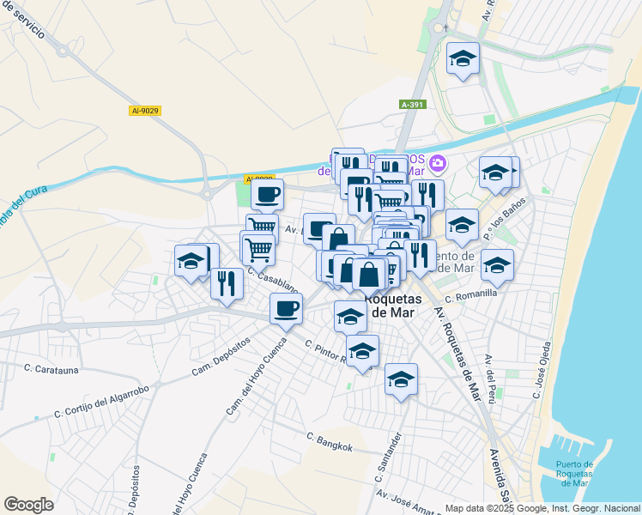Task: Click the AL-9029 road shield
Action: pyautogui.click(x=146, y=111)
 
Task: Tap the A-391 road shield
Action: pyautogui.click(x=412, y=104)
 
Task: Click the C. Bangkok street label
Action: pyautogui.click(x=330, y=442)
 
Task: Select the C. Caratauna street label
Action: pyautogui.click(x=51, y=368)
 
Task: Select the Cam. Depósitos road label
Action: pyautogui.click(x=221, y=355)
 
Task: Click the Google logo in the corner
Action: pyautogui.click(x=28, y=505)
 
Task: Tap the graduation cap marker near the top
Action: pyautogui.click(x=463, y=59)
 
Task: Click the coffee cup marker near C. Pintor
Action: pyautogui.click(x=286, y=309)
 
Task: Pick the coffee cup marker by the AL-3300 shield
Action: pyautogui.click(x=268, y=194)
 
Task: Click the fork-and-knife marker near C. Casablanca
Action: pyautogui.click(x=227, y=283)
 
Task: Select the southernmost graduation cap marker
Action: pyautogui.click(x=401, y=379)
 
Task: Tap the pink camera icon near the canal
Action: pyautogui.click(x=438, y=162)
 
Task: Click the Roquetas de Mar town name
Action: pyautogui.click(x=394, y=306)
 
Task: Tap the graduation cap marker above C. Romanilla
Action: pyautogui.click(x=497, y=265)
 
